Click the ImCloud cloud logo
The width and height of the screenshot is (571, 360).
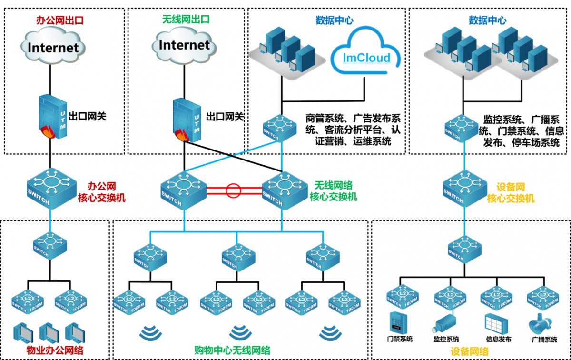click(x=367, y=52)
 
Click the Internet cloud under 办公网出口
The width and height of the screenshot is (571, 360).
click(x=53, y=46)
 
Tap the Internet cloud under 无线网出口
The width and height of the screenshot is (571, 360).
click(x=184, y=45)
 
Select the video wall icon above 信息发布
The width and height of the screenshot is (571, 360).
click(x=495, y=323)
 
